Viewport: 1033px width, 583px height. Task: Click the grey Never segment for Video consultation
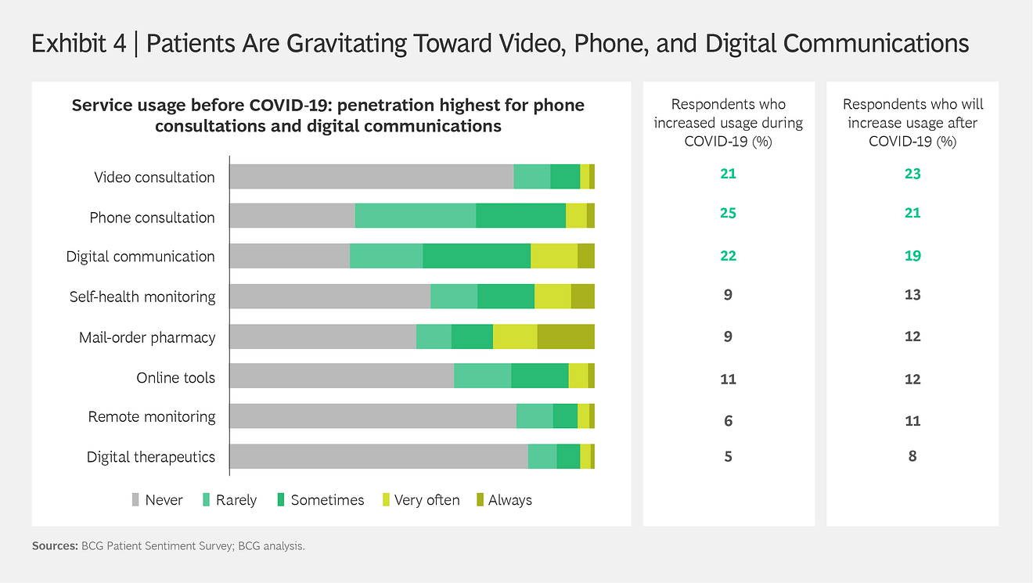[371, 177]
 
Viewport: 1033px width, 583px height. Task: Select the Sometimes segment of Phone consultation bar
[520, 216]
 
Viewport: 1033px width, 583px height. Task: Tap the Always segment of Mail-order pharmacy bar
[566, 336]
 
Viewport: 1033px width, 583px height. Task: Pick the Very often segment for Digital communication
[554, 256]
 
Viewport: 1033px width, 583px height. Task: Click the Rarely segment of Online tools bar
[482, 376]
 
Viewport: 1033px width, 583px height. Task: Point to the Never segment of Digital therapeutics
[378, 456]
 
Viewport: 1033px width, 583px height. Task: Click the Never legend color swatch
[136, 499]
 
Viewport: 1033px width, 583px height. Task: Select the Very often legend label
[427, 500]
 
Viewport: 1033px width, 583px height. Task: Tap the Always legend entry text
[509, 500]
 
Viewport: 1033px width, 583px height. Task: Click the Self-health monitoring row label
[142, 297]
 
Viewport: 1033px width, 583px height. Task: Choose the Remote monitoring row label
[152, 416]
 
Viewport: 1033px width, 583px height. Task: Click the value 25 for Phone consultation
[728, 213]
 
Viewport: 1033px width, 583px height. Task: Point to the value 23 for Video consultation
[912, 174]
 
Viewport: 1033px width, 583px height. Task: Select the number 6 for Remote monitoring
[728, 421]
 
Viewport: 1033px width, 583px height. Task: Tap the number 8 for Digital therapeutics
[912, 456]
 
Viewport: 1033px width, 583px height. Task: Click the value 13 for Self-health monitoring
[912, 295]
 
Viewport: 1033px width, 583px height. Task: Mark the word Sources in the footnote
[54, 546]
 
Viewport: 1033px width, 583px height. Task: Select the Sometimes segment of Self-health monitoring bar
[506, 297]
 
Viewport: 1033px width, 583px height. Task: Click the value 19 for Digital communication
[912, 256]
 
